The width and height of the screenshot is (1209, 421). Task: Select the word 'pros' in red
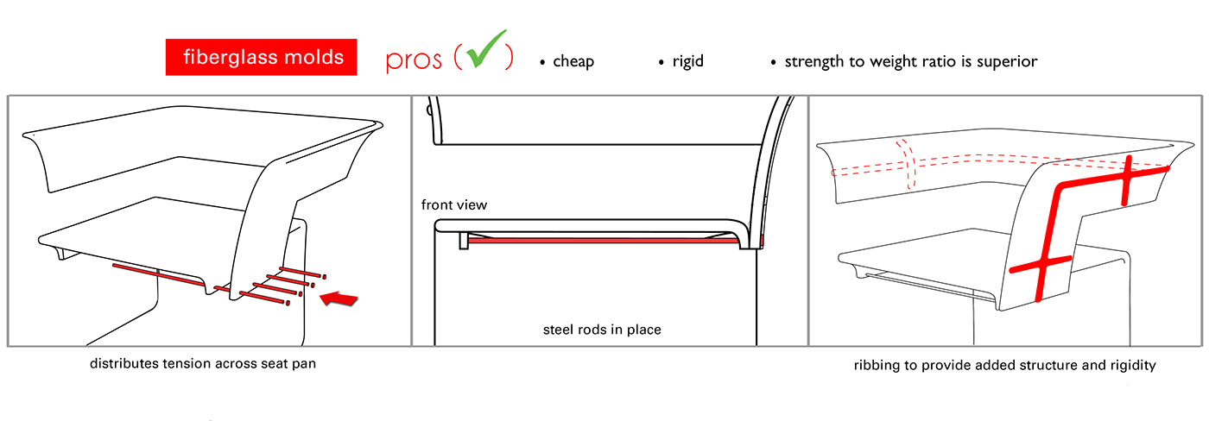414,61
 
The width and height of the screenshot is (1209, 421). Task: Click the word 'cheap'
573,62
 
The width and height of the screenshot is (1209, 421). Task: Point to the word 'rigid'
687,62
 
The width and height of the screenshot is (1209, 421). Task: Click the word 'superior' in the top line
1004,62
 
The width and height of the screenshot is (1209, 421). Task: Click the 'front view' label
454,205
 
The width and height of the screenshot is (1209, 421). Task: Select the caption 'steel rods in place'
602,330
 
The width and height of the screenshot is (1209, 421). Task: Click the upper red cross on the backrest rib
1125,179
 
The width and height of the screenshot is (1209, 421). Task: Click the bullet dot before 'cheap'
542,63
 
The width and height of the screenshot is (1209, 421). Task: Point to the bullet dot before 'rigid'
661,63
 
